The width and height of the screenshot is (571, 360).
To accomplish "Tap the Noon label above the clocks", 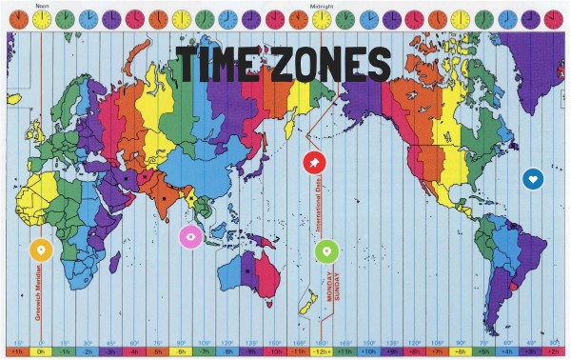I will [41, 4].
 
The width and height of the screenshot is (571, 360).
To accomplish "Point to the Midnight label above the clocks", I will [322, 4].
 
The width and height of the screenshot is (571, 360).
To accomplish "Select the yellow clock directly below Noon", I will [41, 18].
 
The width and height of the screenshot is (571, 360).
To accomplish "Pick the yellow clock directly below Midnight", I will [322, 18].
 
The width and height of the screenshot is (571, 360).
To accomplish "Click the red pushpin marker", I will [312, 163].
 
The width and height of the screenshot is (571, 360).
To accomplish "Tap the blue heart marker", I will [533, 178].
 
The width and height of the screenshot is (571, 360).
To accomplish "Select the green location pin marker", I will [325, 250].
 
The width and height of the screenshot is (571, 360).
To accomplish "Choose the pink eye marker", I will [191, 235].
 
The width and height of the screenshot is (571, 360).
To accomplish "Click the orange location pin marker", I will [39, 250].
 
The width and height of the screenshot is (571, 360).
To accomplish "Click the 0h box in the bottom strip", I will [41, 352].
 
